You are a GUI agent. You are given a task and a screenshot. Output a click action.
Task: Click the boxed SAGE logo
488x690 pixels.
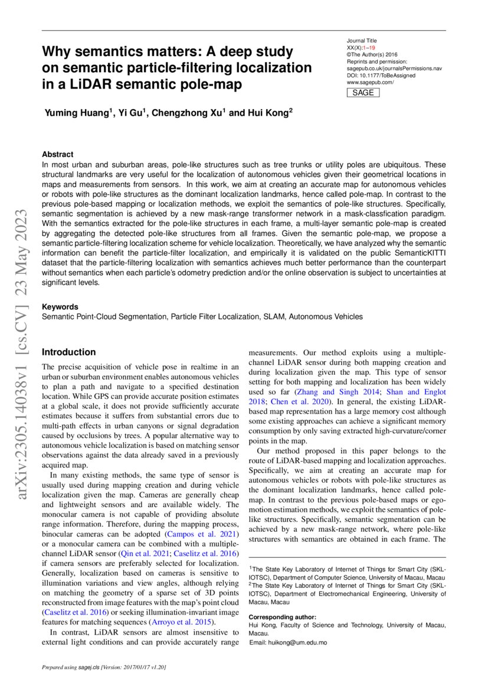(x=363, y=93)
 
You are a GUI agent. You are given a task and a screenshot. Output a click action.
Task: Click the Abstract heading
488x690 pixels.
(x=58, y=154)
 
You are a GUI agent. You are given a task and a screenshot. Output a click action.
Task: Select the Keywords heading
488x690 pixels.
(x=60, y=307)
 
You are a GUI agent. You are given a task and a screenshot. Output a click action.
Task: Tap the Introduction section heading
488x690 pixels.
(x=68, y=352)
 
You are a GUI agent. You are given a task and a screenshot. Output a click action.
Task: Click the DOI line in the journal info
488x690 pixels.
(x=381, y=76)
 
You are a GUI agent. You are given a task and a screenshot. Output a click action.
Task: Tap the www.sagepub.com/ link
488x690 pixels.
(x=370, y=83)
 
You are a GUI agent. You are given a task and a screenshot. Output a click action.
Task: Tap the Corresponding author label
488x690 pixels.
(x=282, y=616)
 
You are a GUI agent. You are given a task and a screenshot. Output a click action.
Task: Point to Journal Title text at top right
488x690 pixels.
(x=362, y=41)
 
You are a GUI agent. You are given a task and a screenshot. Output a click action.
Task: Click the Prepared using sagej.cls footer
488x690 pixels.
(x=103, y=668)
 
